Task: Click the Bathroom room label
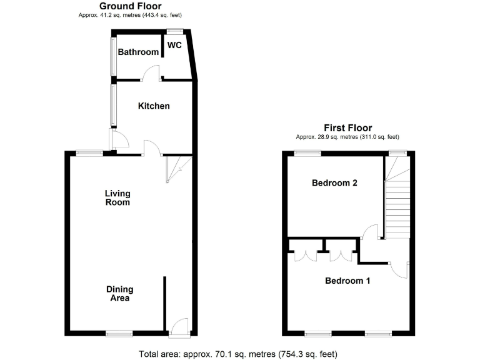(138, 52)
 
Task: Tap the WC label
(174, 46)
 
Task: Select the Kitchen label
(154, 106)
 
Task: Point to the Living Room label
(117, 197)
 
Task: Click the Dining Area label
(119, 294)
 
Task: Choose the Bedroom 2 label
(334, 183)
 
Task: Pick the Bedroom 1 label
(347, 281)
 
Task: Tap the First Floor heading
(347, 127)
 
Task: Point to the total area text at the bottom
(237, 354)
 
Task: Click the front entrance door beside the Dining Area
(179, 325)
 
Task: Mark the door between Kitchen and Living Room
(152, 148)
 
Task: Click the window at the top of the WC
(174, 31)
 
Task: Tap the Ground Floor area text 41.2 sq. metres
(135, 14)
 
